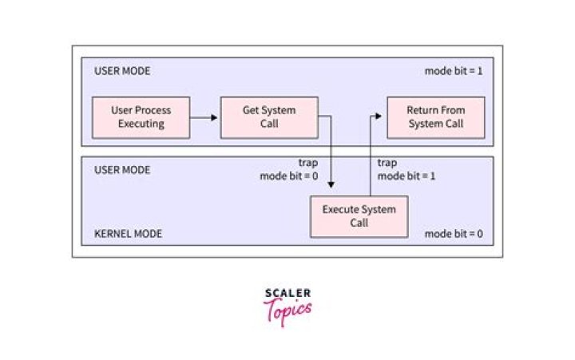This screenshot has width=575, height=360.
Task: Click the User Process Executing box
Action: pos(141,117)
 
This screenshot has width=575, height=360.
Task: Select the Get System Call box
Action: pos(269,117)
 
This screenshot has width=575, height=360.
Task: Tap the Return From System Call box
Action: pos(436,117)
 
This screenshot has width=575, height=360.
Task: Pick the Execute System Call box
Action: pos(359,216)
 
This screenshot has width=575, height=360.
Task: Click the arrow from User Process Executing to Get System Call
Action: pos(204,117)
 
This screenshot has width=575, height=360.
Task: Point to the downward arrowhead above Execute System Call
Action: pos(331,184)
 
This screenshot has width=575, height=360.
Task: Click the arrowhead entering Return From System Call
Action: pos(379,117)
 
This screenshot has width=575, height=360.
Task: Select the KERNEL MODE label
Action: pos(128,234)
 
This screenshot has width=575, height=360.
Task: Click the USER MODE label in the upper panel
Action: pos(122,71)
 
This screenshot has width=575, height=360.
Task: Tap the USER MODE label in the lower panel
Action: pos(122,170)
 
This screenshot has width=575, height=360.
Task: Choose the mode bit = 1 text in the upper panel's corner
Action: pos(454,71)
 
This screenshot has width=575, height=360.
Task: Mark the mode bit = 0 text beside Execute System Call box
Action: pos(454,234)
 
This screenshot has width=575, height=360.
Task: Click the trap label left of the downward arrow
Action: pos(308,163)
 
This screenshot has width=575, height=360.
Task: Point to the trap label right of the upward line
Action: pos(387,163)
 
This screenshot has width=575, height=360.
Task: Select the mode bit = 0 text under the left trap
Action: pos(289,176)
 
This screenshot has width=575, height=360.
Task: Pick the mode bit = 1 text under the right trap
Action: pos(406,176)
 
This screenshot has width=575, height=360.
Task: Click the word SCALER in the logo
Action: pos(287,293)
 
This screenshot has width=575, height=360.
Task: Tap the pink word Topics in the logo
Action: pos(287,311)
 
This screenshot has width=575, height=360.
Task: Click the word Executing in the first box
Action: pos(141,125)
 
